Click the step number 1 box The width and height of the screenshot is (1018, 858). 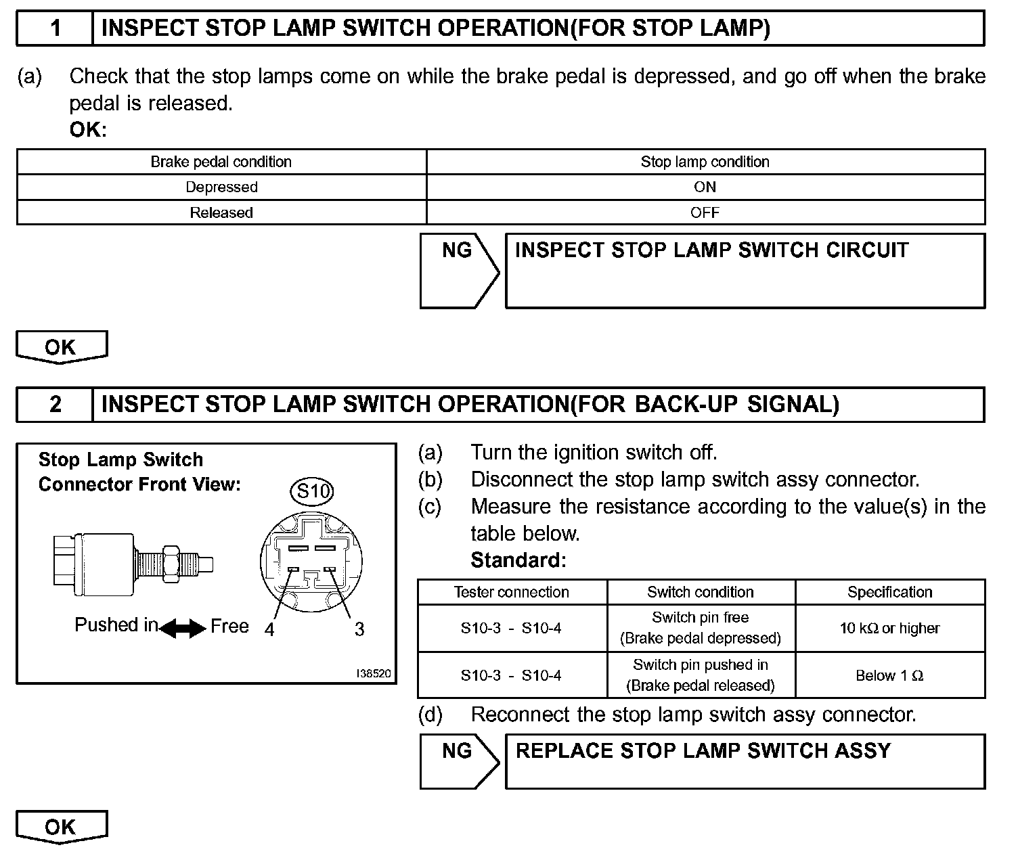pyautogui.click(x=55, y=28)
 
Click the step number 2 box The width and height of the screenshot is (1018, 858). pyautogui.click(x=55, y=405)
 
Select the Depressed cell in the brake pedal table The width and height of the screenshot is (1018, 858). pyautogui.click(x=221, y=187)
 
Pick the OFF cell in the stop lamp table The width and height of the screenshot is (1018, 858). pyautogui.click(x=705, y=213)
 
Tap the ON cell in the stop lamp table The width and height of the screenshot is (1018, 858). pyautogui.click(x=705, y=187)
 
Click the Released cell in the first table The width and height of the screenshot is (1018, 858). pyautogui.click(x=221, y=213)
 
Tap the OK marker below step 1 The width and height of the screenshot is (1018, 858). pyautogui.click(x=61, y=347)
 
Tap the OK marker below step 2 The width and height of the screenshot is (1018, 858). pyautogui.click(x=61, y=827)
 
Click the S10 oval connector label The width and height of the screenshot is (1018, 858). pyautogui.click(x=312, y=491)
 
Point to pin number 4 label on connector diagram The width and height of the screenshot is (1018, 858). pyautogui.click(x=269, y=630)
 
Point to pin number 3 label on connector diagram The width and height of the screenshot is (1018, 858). pyautogui.click(x=359, y=630)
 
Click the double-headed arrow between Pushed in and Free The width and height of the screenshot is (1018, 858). pyautogui.click(x=183, y=629)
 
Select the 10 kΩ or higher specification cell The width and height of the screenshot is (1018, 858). pyautogui.click(x=889, y=629)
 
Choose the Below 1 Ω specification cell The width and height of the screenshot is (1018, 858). pyautogui.click(x=889, y=675)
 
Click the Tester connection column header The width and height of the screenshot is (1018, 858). pyautogui.click(x=512, y=592)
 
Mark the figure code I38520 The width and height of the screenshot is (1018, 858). pyautogui.click(x=374, y=674)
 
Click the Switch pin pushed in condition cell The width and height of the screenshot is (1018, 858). pyautogui.click(x=701, y=675)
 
